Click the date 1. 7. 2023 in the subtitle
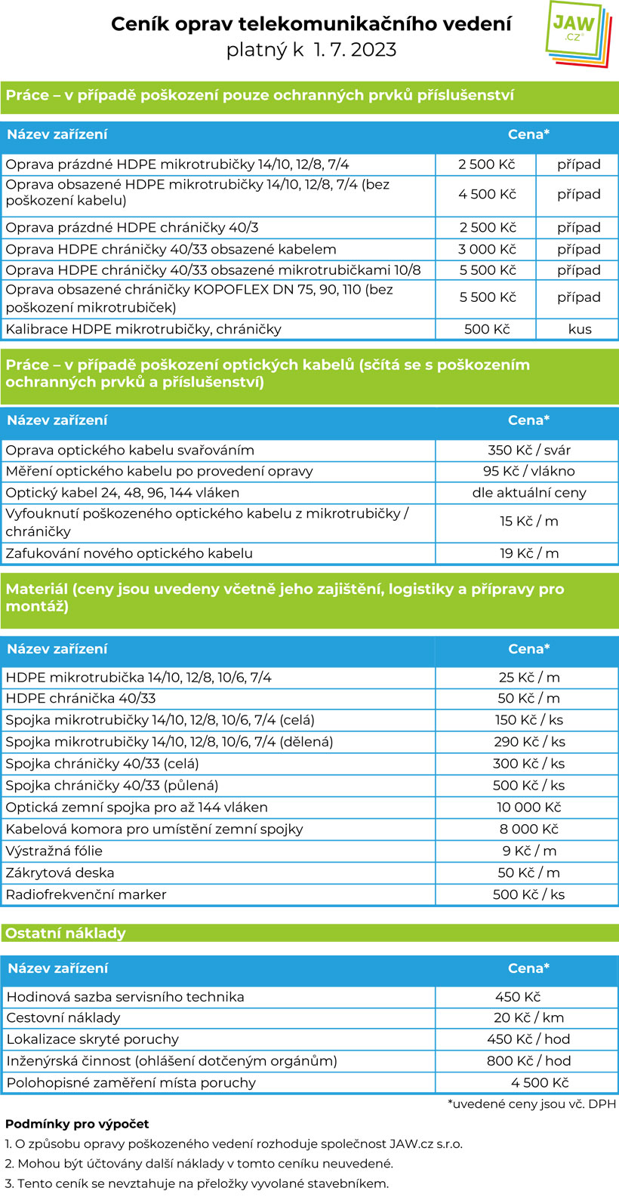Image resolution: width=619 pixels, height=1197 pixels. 355,50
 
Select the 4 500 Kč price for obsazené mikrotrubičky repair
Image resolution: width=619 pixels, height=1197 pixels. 487,194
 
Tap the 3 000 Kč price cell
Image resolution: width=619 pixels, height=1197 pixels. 487,249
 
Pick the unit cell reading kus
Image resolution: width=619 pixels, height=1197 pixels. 580,329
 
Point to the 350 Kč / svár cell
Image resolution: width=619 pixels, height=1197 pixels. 528,450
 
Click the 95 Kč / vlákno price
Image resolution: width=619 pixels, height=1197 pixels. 528,471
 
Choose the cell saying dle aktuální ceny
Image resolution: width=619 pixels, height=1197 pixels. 528,493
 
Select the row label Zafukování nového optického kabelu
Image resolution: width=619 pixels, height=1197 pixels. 129,553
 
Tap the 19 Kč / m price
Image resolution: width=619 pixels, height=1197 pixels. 528,553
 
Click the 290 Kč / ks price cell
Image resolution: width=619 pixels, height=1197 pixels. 528,742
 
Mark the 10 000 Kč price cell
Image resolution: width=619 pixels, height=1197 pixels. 528,807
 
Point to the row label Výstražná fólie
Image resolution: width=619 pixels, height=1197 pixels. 54,851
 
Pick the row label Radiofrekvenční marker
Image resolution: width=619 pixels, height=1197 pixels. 86,894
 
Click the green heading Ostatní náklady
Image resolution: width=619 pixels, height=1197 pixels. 66,933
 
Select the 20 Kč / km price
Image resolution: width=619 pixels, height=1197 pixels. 528,1017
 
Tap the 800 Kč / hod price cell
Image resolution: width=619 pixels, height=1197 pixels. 528,1060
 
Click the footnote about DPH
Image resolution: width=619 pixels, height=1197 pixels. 532,1104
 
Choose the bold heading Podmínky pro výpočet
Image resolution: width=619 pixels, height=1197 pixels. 77,1125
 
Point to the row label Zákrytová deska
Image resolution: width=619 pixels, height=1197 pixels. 60,872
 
